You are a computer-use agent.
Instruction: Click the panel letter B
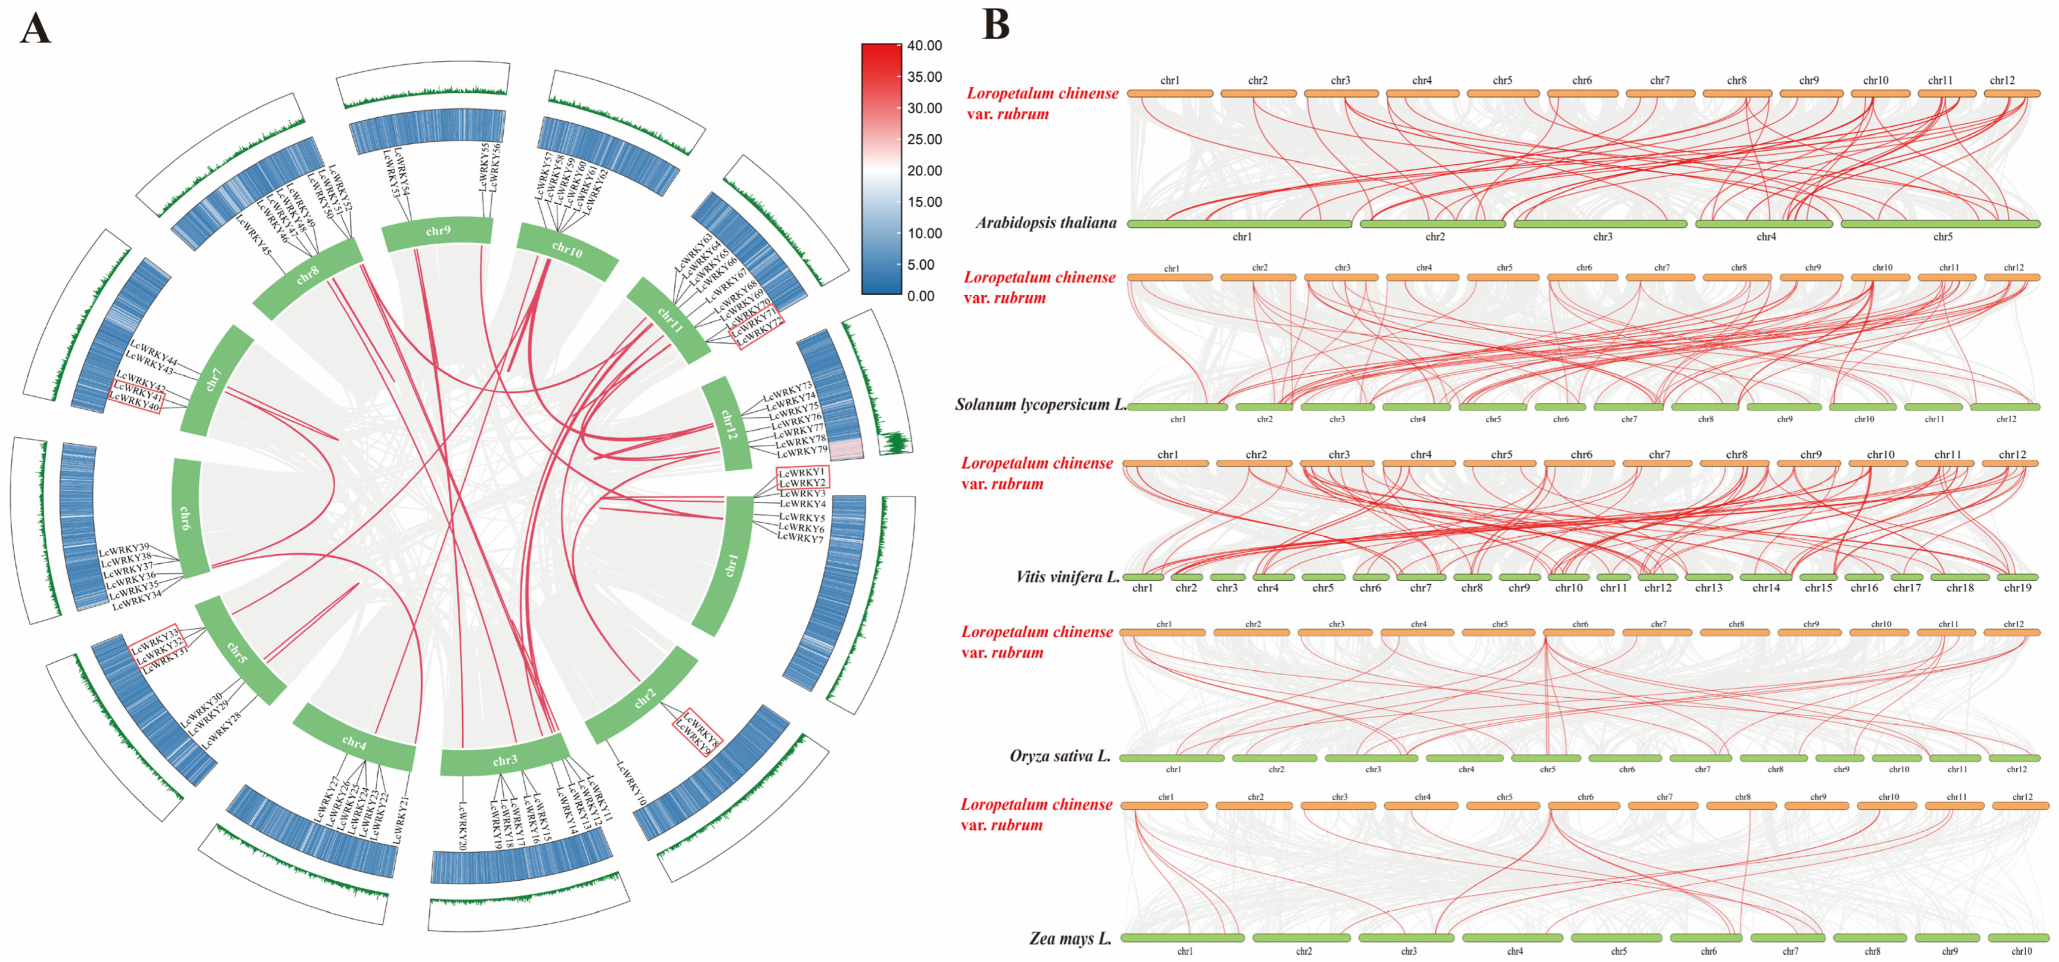tap(995, 24)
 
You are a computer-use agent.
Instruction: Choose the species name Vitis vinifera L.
tap(1067, 576)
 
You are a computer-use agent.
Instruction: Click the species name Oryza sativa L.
tap(1060, 756)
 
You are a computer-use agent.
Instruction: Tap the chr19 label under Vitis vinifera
tap(2017, 588)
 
